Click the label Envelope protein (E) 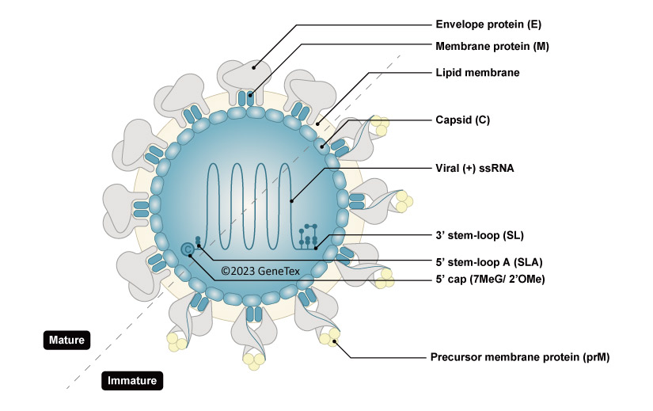coord(482,24)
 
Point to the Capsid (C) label coord(463,120)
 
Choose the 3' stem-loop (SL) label coord(480,235)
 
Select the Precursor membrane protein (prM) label coord(519,357)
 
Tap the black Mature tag coord(67,341)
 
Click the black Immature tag coord(131,381)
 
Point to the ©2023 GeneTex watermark coord(260,270)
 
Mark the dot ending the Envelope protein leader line coord(254,68)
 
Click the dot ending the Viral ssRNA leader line coord(292,200)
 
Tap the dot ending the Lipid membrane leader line coord(317,123)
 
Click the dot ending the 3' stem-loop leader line coord(316,247)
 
